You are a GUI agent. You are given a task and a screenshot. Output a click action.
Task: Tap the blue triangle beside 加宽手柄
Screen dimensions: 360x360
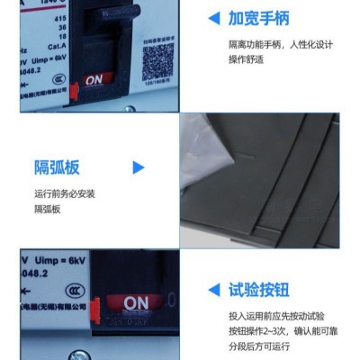[x=213, y=18]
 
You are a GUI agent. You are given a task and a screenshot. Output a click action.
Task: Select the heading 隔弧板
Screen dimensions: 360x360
[x=57, y=166]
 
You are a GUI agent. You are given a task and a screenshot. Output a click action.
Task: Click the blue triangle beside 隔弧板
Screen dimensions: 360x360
[x=139, y=166]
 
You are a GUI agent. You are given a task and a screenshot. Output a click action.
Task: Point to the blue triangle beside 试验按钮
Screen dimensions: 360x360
[x=213, y=290]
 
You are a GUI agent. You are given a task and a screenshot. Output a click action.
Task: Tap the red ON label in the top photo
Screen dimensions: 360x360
[x=94, y=79]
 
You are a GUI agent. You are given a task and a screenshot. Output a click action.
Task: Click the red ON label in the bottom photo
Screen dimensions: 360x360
[x=136, y=303]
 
